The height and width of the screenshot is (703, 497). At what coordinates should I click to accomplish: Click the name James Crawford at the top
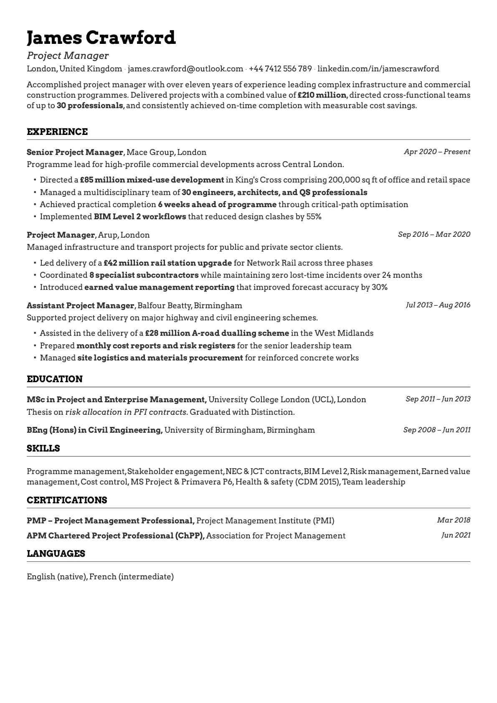pos(101,38)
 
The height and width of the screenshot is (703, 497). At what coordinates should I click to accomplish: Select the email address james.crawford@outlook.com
pos(185,69)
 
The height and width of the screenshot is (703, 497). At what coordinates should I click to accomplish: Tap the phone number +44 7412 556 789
pos(280,69)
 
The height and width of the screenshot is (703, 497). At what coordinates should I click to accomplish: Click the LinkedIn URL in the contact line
pos(378,69)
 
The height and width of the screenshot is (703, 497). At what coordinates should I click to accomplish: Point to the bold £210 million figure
pos(322,95)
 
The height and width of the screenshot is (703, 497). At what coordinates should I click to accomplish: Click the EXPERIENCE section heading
pos(57,132)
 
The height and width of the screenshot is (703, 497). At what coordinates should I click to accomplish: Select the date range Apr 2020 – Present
pos(437,152)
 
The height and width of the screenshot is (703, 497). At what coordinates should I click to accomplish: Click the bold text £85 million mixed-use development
pos(152,180)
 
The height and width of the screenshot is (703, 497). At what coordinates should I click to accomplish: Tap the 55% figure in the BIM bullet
pos(314,216)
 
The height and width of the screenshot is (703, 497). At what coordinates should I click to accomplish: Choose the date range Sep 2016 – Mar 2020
pos(434,234)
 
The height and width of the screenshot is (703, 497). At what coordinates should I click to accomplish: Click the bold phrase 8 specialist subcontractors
pos(144,275)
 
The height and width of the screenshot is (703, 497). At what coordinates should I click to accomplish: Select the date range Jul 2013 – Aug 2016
pos(438,305)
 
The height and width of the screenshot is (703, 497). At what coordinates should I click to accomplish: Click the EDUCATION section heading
pos(55,379)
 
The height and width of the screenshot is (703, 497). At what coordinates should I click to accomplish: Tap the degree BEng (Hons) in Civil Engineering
pos(94,430)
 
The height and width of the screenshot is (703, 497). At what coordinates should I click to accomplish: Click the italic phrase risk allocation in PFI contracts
pos(126,412)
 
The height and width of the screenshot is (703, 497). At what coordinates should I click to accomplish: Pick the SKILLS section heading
pos(43,448)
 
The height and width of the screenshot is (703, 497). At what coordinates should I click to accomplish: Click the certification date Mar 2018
pos(454,520)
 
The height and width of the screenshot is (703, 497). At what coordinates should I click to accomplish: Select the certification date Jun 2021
pos(456,535)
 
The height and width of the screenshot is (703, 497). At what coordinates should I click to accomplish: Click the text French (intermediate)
pos(132,576)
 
